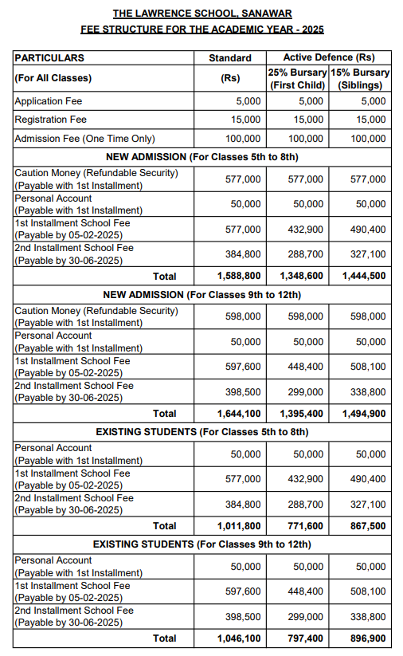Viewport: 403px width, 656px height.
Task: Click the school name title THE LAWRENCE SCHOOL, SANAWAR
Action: [201, 14]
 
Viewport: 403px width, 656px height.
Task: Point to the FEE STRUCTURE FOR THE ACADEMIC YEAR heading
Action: [201, 29]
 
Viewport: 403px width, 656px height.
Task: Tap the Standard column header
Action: [229, 58]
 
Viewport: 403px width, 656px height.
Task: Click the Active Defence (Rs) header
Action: [329, 58]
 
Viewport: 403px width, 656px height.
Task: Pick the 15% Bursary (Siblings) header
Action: [362, 79]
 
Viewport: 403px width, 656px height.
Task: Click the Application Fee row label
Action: [49, 101]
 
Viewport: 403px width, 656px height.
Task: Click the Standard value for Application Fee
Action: [248, 101]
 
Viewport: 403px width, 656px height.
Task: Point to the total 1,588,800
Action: [239, 276]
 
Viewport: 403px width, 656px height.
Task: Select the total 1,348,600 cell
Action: [302, 276]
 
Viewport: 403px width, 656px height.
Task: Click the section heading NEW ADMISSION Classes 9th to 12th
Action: [201, 295]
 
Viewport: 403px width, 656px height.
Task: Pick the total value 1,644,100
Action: [239, 414]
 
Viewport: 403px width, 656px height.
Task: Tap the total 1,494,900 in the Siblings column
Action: [364, 414]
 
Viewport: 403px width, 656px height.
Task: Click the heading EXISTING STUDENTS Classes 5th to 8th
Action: [201, 432]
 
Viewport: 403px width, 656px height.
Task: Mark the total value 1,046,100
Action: [239, 638]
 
